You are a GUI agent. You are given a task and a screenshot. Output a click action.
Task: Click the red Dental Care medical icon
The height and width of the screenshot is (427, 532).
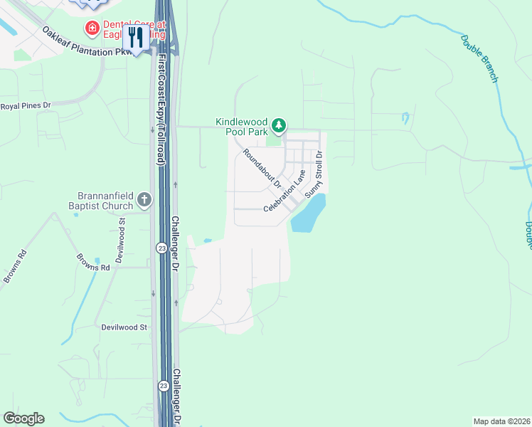(x=92, y=28)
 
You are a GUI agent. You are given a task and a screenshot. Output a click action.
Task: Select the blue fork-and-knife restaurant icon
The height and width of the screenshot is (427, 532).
(x=135, y=37)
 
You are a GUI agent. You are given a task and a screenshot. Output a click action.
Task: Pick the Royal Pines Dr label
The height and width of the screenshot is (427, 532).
(x=27, y=106)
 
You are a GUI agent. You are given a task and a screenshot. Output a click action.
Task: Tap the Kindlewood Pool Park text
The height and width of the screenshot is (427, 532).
(x=242, y=127)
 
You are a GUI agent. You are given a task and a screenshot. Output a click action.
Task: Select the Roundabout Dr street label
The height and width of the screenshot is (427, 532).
(x=262, y=168)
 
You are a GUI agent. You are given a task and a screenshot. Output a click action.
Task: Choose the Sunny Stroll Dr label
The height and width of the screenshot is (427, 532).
(x=314, y=175)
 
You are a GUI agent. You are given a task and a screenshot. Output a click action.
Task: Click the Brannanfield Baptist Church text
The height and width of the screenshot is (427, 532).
(x=105, y=201)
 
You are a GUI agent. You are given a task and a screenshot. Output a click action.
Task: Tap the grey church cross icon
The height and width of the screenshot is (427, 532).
(x=144, y=200)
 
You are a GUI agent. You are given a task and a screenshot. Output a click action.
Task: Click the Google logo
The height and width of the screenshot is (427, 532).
(x=23, y=418)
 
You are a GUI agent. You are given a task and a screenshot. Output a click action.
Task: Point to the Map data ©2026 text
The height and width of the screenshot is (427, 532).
(x=501, y=421)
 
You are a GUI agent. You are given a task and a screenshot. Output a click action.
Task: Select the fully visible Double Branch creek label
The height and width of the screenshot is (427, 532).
(x=479, y=58)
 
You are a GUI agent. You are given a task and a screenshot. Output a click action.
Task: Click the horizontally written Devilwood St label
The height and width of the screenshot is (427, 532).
(x=122, y=327)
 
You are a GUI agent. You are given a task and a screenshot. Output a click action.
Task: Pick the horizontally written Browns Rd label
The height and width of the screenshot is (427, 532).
(x=94, y=268)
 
